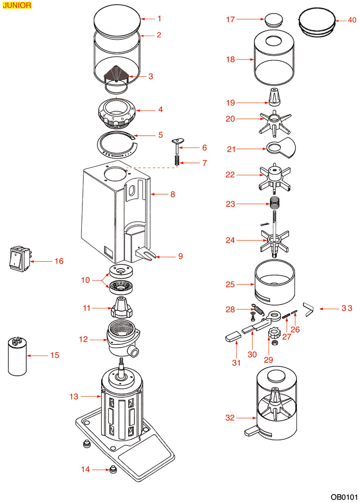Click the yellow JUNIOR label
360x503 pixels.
coord(17,6)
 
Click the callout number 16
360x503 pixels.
coord(59,261)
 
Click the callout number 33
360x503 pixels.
coord(346,308)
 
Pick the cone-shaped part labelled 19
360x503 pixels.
coord(274,97)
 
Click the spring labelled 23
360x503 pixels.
coord(274,204)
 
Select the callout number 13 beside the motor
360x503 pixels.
coord(74,397)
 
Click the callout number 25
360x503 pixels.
coord(230,284)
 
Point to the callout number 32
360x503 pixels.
coord(230,418)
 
